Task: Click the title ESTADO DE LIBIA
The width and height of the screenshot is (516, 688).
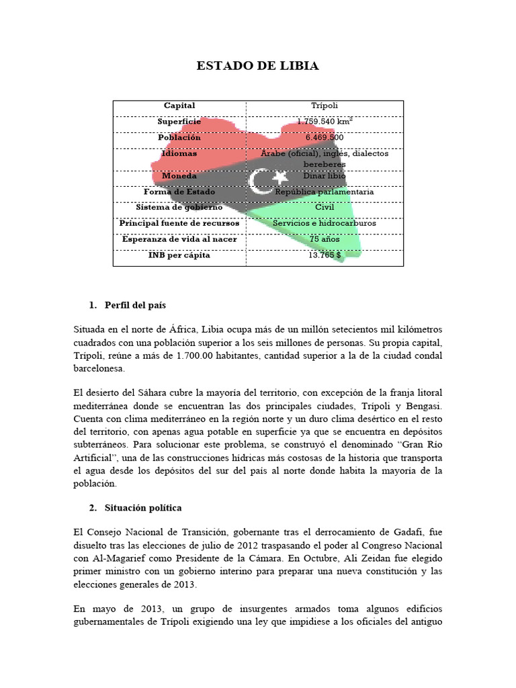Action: (x=257, y=66)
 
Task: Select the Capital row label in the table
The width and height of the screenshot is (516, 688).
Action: (x=179, y=105)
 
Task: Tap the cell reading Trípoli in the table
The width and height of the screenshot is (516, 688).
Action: (x=325, y=105)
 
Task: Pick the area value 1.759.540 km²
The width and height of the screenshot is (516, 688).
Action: (x=325, y=122)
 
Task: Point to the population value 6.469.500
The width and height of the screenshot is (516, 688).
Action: (x=325, y=138)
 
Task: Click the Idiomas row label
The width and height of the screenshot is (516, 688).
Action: (x=179, y=154)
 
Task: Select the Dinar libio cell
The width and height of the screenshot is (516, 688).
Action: (x=325, y=176)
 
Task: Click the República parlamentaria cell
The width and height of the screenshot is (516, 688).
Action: (x=325, y=192)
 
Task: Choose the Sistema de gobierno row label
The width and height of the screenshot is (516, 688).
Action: (x=179, y=208)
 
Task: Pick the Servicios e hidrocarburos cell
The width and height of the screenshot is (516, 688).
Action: (x=325, y=224)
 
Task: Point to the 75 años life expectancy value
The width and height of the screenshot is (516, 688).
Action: (x=325, y=240)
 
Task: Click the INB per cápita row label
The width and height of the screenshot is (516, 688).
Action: (x=179, y=255)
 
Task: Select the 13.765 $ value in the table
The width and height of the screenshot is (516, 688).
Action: (x=325, y=255)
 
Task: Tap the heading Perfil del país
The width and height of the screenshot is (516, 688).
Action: (x=135, y=305)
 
